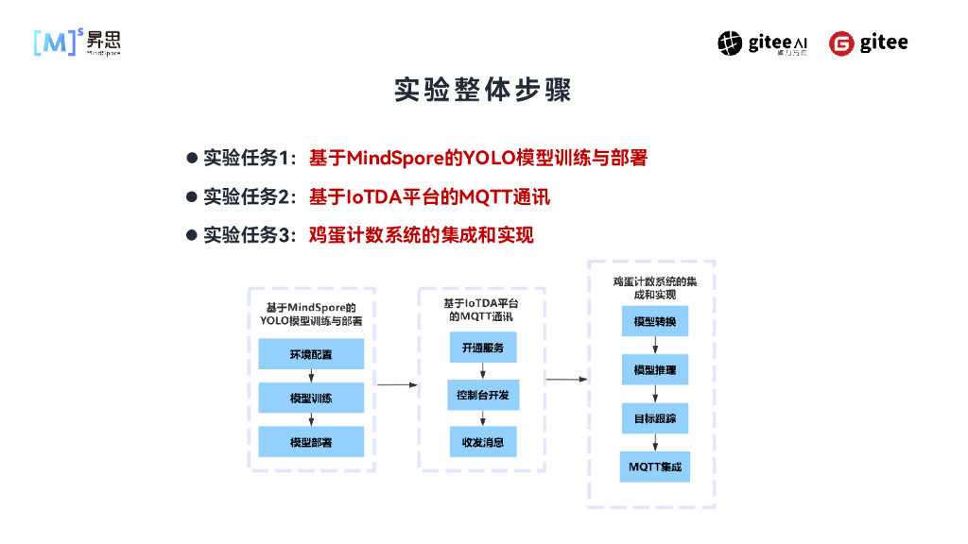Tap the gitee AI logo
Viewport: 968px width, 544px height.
(x=762, y=43)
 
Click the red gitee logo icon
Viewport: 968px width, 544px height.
(x=841, y=43)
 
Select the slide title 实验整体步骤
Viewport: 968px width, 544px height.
(x=483, y=91)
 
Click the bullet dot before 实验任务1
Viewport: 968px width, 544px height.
(x=191, y=158)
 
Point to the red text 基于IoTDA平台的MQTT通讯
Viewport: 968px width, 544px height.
(x=429, y=196)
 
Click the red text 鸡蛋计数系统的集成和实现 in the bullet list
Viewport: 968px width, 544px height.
(x=421, y=234)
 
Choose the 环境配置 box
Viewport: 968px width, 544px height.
(x=311, y=354)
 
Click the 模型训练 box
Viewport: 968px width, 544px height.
(x=311, y=398)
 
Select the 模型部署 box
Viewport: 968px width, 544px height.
(x=311, y=441)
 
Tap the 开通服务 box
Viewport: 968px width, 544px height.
(x=482, y=348)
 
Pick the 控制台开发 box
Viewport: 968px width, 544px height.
(x=482, y=395)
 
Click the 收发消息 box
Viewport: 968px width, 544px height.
(x=482, y=441)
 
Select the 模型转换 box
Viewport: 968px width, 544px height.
(x=654, y=322)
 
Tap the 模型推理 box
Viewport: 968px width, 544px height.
(x=654, y=370)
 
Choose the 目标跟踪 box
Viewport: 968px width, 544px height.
(x=654, y=418)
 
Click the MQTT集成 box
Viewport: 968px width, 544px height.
(x=654, y=467)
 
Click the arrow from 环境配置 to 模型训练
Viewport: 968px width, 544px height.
(x=311, y=376)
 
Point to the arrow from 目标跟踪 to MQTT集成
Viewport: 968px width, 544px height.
(x=654, y=443)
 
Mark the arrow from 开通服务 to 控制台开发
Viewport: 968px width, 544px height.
(x=482, y=371)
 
